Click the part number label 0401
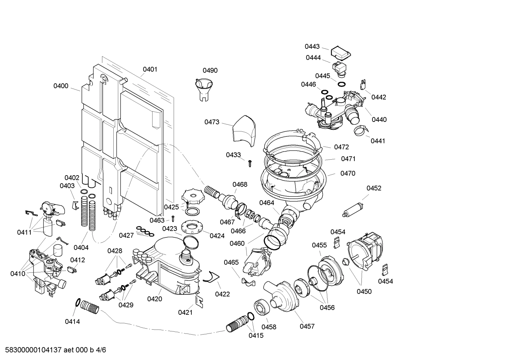click(150, 69)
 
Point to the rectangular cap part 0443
click(340, 53)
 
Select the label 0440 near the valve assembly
click(379, 120)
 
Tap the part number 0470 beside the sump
click(348, 173)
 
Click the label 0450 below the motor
click(364, 291)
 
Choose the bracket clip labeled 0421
click(199, 301)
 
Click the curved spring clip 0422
click(211, 277)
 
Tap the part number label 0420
click(155, 299)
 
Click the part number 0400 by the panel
click(61, 86)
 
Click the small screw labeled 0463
click(173, 218)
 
